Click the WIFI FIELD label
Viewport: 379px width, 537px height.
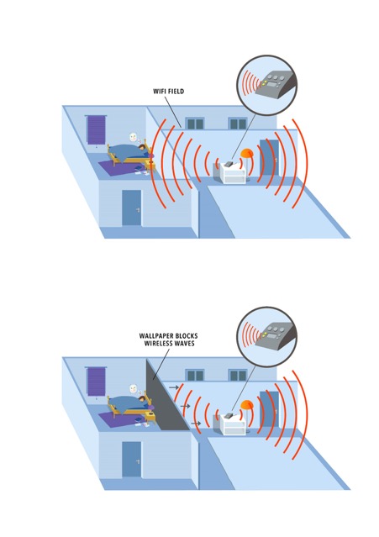[x=168, y=91]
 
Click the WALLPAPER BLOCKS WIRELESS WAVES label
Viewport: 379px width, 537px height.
[x=168, y=340]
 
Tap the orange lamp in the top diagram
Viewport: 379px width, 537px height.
[x=248, y=154]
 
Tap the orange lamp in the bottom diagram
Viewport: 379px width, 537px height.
[x=247, y=405]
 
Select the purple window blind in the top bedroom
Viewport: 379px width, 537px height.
[x=96, y=129]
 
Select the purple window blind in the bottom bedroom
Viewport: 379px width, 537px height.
[x=96, y=382]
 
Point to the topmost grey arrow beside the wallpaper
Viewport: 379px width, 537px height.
[x=174, y=387]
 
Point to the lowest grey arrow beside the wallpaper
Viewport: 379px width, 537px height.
[x=196, y=424]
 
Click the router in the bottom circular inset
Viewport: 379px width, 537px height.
[x=278, y=336]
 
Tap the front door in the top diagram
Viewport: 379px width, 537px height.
[x=131, y=208]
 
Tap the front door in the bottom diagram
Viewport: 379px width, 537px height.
[x=131, y=459]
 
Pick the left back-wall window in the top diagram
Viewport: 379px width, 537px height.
[x=195, y=124]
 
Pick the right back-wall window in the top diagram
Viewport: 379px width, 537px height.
[x=238, y=124]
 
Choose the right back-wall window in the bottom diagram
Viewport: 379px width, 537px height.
[x=238, y=376]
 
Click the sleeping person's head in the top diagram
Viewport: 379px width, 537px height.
[x=140, y=148]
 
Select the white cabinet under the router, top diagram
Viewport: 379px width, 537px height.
[x=234, y=174]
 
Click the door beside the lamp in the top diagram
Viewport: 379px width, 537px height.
[x=269, y=158]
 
